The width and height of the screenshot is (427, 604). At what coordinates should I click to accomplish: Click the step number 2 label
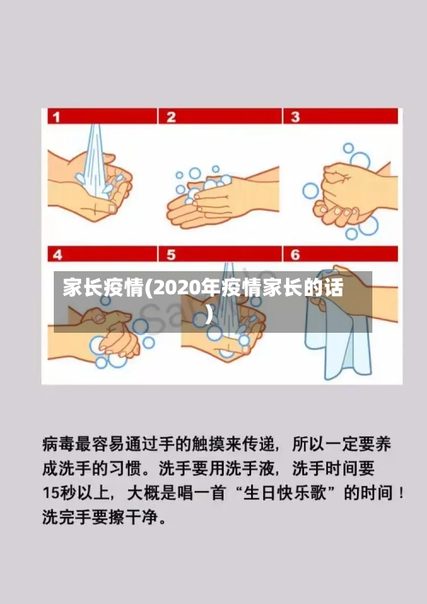pyautogui.click(x=172, y=116)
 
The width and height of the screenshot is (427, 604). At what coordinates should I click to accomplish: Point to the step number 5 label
pyautogui.click(x=172, y=255)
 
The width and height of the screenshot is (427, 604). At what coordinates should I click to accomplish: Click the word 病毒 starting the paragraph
pyautogui.click(x=56, y=445)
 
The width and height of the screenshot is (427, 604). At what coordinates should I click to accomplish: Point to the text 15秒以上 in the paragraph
pyautogui.click(x=73, y=494)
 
